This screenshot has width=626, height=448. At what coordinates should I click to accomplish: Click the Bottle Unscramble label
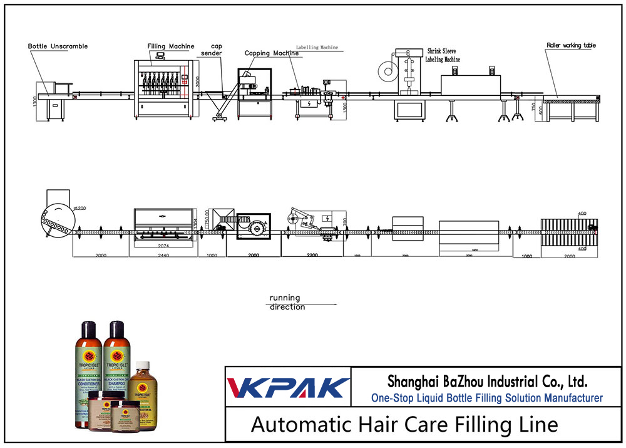click(58, 46)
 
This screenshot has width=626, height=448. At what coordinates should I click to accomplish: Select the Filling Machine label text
click(170, 46)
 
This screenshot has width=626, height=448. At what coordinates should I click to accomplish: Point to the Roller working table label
click(571, 45)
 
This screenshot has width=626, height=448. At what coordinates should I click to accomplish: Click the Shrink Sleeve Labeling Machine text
click(443, 55)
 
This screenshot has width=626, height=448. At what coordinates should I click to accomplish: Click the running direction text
click(286, 302)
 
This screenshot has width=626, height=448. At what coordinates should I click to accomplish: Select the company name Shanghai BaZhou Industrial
click(487, 381)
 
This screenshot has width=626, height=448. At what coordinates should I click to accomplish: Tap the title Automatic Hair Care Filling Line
click(404, 424)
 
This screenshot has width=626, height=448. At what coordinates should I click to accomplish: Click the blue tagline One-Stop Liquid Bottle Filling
click(487, 398)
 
